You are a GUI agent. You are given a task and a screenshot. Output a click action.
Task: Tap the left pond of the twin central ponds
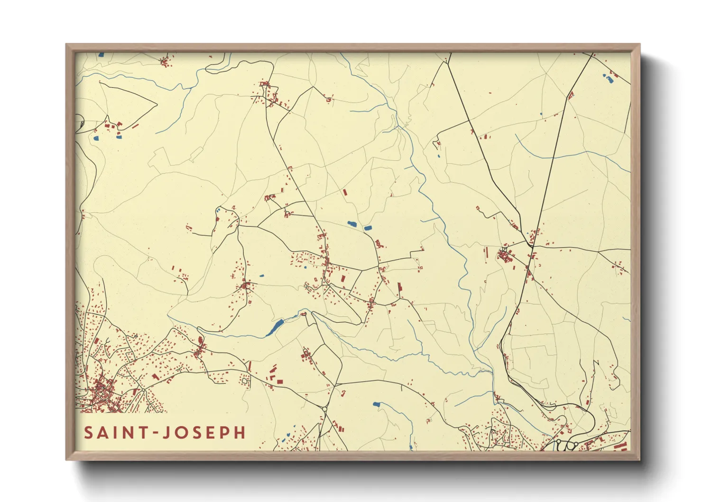[352, 223]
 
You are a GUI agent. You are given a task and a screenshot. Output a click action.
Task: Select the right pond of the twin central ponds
[368, 228]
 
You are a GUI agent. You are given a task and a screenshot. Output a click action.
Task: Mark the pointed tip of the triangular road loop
[157, 103]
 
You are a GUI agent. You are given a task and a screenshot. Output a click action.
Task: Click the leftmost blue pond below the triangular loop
[96, 139]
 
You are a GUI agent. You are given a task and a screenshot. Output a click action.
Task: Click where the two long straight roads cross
[532, 245]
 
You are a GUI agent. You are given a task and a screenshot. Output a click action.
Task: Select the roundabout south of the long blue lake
[325, 409]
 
